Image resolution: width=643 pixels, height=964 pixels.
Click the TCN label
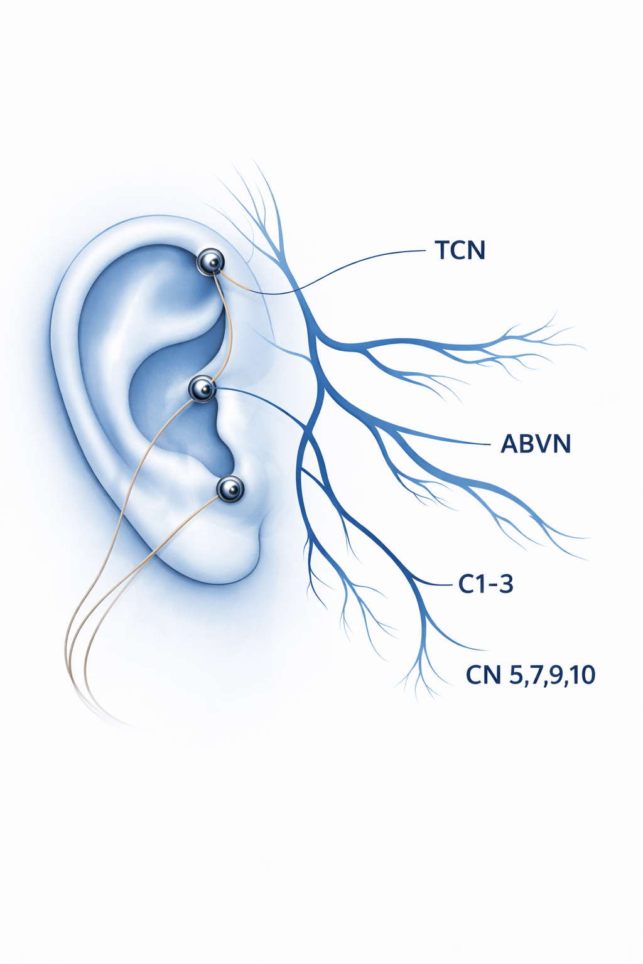click(x=460, y=251)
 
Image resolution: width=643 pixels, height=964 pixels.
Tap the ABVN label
click(x=536, y=444)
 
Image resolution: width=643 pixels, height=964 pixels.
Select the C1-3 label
click(x=485, y=584)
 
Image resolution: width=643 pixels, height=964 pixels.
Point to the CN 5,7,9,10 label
click(x=531, y=675)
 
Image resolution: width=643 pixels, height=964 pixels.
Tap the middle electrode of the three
click(x=202, y=390)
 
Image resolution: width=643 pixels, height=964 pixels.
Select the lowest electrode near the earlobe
click(x=230, y=488)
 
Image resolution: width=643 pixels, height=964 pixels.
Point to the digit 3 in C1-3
click(x=506, y=584)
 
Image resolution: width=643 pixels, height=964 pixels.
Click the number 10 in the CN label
click(x=583, y=675)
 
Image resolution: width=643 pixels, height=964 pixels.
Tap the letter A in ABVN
click(x=509, y=444)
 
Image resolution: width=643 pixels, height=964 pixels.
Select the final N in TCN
click(x=477, y=251)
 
